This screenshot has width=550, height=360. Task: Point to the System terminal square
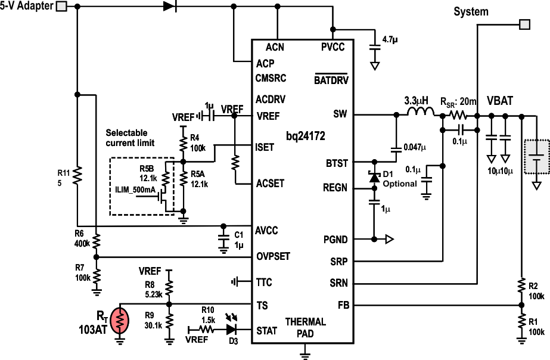pos(524,24)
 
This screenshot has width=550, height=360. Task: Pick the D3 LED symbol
pos(232,328)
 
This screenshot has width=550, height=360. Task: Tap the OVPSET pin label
pos(273,256)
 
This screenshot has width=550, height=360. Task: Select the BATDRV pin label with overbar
pos(331,79)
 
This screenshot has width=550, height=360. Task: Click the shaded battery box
pos(536,157)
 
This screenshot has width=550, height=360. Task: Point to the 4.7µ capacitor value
pos(390,39)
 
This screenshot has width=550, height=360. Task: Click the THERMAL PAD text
pos(305,327)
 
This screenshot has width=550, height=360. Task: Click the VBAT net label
pos(499,101)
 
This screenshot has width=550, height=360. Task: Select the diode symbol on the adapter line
pos(170,7)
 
